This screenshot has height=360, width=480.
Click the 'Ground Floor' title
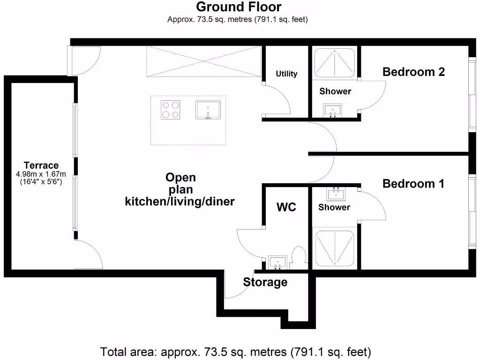coord(239,7)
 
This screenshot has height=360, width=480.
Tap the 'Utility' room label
coord(286,74)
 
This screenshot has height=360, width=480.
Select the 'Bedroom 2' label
coord(413,72)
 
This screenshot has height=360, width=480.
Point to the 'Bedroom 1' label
coord(413,183)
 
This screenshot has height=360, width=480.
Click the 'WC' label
coord(286,207)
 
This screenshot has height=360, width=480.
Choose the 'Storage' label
coord(265,282)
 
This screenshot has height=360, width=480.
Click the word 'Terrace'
coord(41,165)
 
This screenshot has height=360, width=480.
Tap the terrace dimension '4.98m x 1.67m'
coord(41,173)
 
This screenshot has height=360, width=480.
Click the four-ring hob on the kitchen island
coord(171,110)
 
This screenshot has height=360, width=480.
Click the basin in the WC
coord(277,262)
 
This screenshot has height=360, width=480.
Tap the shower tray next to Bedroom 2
coord(334,62)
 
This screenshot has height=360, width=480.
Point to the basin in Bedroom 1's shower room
coord(336,193)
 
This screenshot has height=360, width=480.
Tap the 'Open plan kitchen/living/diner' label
coord(180,190)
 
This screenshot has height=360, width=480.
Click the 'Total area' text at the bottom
coord(236,351)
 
